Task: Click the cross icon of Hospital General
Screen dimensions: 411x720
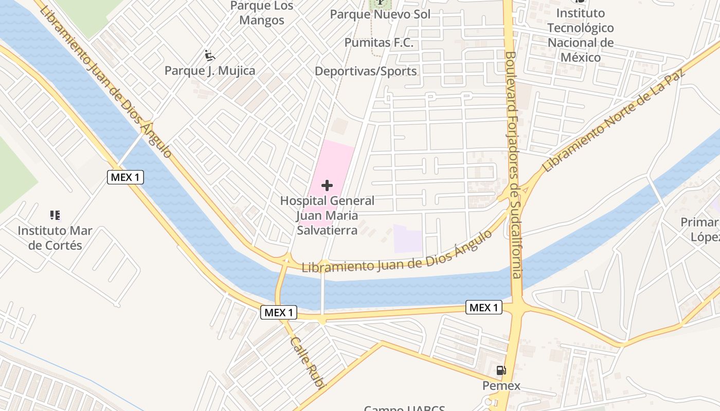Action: click(327, 185)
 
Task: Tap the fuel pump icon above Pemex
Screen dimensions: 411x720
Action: click(501, 370)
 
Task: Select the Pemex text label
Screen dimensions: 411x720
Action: click(501, 385)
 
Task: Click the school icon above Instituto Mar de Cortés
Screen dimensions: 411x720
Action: click(55, 215)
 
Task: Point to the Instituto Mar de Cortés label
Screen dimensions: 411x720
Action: click(55, 238)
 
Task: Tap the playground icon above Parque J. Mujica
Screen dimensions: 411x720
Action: click(209, 55)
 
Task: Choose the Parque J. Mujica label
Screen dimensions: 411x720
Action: click(210, 71)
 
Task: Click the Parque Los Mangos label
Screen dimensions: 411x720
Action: click(262, 13)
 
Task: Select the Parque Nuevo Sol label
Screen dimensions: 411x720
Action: click(380, 14)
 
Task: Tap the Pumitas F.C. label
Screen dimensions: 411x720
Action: click(379, 43)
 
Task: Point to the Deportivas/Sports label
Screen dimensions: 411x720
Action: click(366, 71)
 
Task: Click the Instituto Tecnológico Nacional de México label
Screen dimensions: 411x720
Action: click(581, 35)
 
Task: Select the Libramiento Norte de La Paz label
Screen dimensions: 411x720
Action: click(614, 121)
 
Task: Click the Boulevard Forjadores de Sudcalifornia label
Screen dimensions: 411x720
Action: click(513, 164)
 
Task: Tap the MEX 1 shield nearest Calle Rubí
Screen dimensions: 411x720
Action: click(279, 312)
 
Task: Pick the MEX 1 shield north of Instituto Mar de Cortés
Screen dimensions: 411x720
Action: click(125, 177)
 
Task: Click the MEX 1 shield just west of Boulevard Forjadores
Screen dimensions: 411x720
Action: click(484, 307)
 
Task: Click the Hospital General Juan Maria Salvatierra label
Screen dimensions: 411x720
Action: click(327, 215)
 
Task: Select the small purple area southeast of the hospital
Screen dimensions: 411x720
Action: click(408, 238)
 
